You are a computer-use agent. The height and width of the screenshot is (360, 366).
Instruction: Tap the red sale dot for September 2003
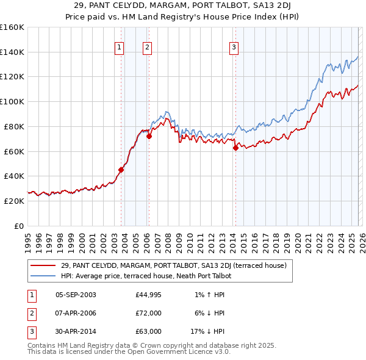coord(121,170)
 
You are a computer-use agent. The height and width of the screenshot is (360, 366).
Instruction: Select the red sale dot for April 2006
coord(149,136)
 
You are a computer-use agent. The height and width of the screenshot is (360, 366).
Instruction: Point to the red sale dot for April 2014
coord(235,147)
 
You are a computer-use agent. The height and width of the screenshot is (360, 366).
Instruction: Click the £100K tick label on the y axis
coord(12,101)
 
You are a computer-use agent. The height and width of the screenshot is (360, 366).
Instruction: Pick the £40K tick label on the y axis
coord(13,176)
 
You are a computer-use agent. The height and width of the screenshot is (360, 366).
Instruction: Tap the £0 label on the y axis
coord(19,226)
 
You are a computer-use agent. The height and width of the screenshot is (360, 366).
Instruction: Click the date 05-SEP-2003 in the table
coord(76,295)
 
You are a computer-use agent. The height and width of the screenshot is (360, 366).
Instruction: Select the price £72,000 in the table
coord(149,313)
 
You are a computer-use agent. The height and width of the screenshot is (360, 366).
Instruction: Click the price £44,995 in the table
coord(149,295)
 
